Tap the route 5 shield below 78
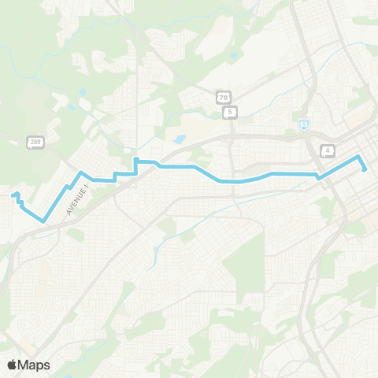click(230, 113)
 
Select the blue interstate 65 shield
click(304, 124)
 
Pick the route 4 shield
click(326, 150)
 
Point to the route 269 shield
click(35, 142)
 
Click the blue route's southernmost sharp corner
click(44, 221)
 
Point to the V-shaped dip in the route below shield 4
click(319, 178)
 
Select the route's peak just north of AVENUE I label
click(80, 171)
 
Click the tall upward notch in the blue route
click(136, 161)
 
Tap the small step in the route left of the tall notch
click(116, 175)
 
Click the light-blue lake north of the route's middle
click(180, 140)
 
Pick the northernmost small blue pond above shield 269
click(81, 92)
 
